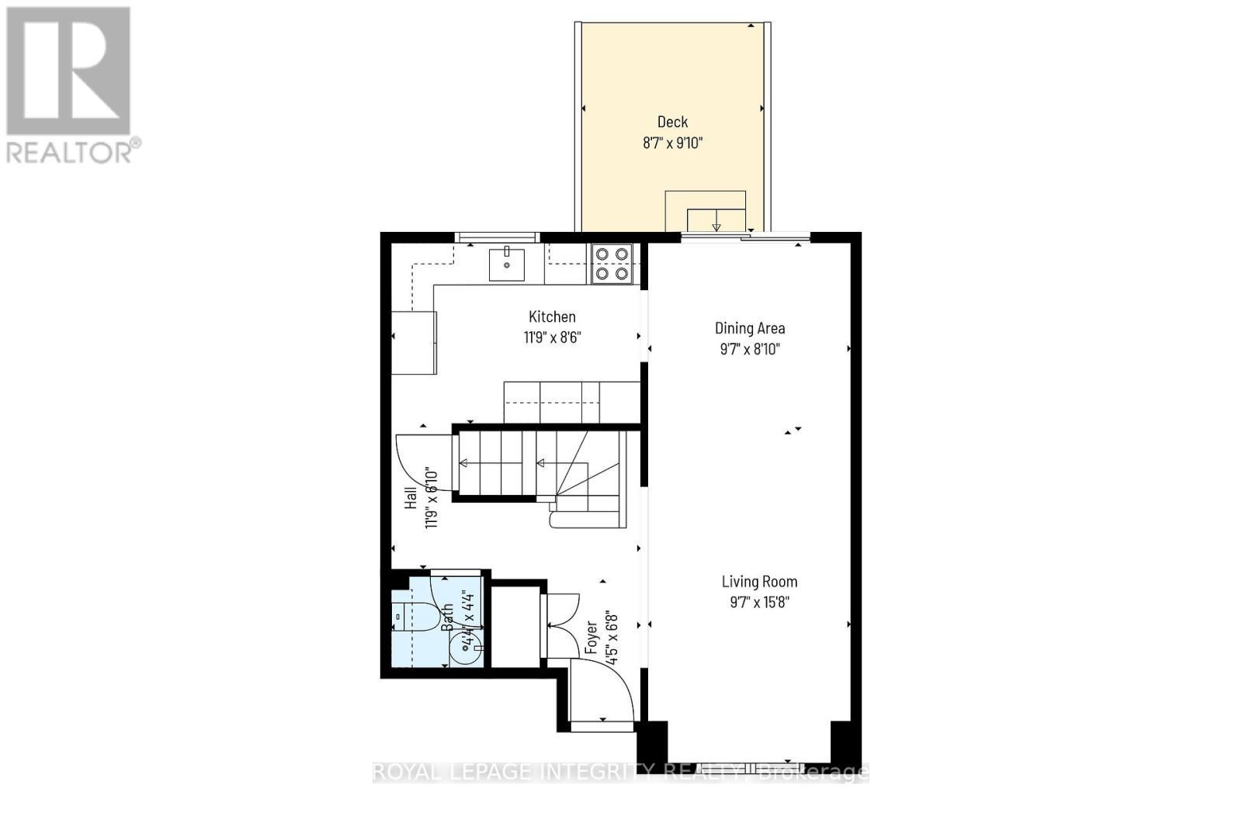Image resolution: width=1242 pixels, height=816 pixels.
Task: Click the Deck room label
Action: coord(672,122)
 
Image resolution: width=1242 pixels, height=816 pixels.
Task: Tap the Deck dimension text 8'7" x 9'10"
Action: coord(672,143)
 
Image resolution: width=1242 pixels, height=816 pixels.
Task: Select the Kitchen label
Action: coord(552,316)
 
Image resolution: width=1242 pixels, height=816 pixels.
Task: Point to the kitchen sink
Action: coord(506,265)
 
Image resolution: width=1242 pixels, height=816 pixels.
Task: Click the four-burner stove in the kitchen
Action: coord(612,264)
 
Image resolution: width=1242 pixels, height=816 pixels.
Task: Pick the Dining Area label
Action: coord(749,328)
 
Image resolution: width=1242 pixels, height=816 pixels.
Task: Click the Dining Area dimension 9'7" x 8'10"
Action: coord(749,349)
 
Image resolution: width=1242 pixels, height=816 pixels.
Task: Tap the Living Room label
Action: coord(759,582)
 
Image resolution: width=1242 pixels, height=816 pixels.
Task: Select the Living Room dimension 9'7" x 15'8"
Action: coord(759,603)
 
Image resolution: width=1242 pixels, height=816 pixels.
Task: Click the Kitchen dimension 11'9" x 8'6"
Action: coord(552,337)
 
